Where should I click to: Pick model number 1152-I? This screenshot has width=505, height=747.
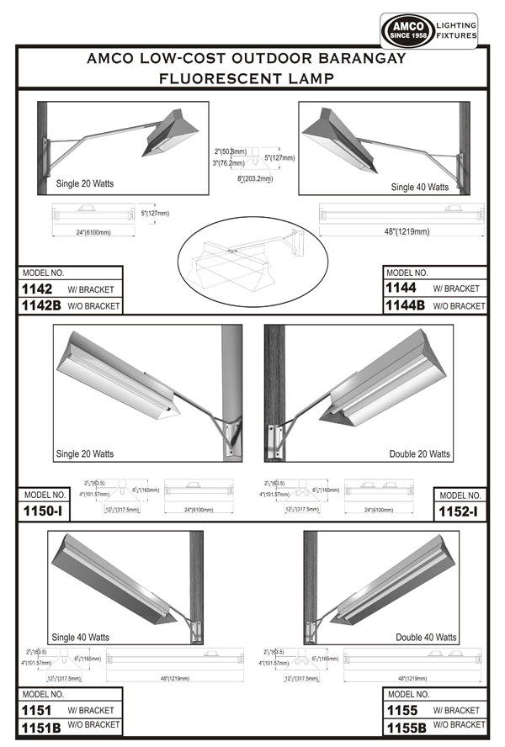[460, 511]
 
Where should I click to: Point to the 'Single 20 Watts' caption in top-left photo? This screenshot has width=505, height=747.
[84, 183]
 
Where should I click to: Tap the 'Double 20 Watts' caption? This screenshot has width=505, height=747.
[419, 454]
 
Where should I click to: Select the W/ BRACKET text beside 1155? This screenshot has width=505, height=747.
[457, 711]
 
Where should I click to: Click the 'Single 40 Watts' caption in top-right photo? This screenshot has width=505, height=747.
[419, 187]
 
